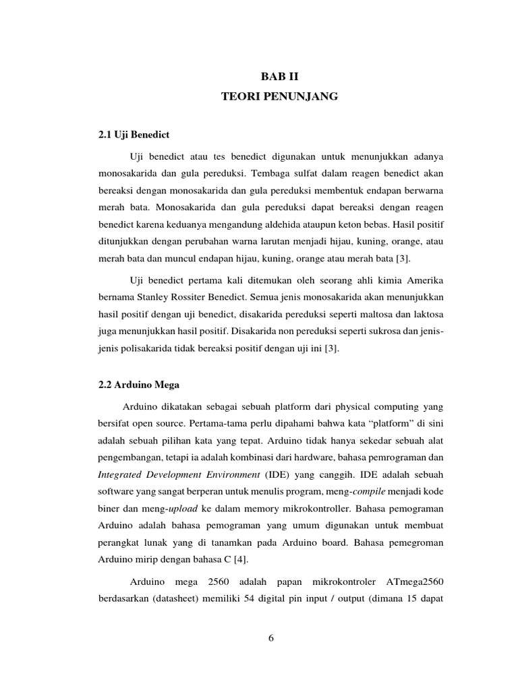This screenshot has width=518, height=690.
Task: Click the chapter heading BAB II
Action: (279, 77)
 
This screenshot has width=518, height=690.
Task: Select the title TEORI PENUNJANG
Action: (279, 97)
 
